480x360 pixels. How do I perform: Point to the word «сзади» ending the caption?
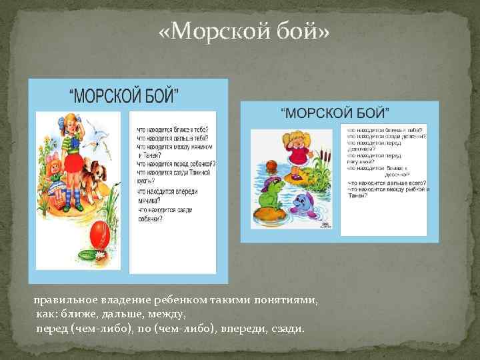[285, 329]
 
